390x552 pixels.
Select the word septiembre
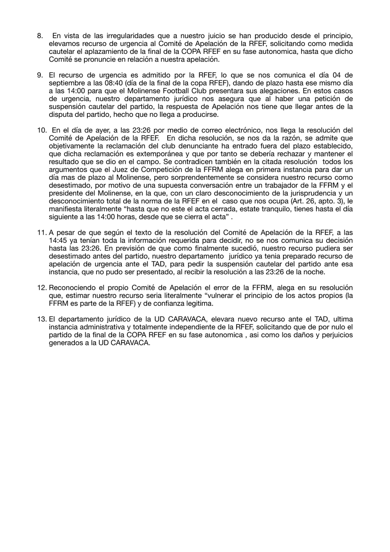click(68, 82)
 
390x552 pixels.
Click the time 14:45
click(57, 240)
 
